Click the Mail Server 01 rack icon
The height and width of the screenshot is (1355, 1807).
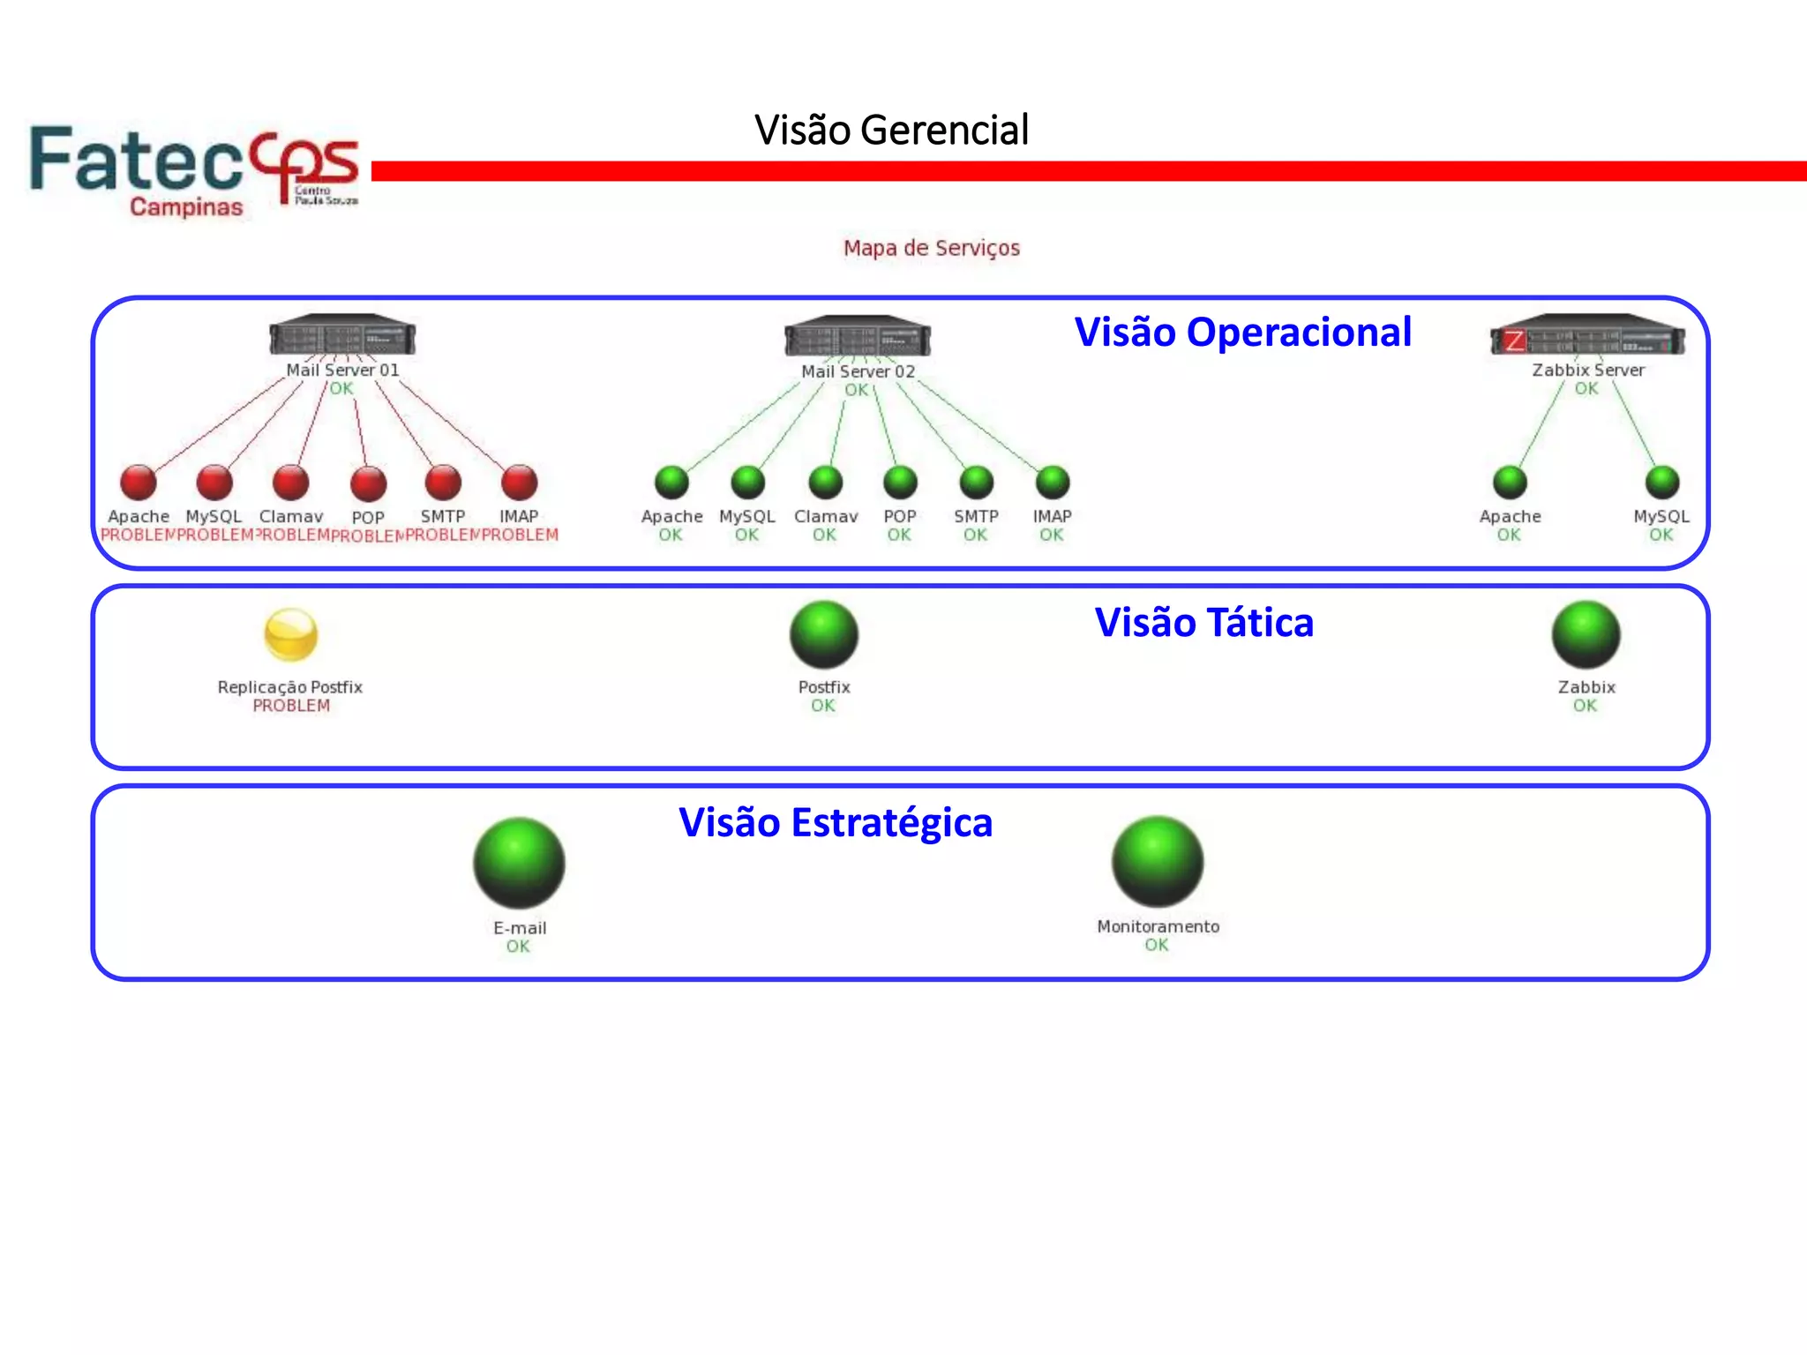tap(342, 337)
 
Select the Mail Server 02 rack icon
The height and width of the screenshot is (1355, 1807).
tap(858, 338)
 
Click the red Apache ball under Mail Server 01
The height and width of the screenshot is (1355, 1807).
tap(139, 483)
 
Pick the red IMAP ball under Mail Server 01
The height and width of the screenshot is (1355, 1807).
tap(519, 483)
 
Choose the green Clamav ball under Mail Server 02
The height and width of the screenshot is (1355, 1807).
tap(825, 483)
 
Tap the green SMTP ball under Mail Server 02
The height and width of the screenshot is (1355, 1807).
tap(976, 483)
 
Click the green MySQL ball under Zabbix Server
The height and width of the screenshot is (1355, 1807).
tap(1662, 483)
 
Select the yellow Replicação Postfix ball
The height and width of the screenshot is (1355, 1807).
tap(290, 634)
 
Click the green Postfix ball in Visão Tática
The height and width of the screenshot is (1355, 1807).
tap(823, 634)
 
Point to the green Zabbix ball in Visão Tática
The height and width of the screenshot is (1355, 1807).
tap(1586, 634)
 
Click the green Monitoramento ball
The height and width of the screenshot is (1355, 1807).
tap(1157, 862)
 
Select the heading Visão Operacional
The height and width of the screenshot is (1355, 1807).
tap(1242, 333)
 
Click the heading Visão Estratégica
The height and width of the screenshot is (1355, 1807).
tap(835, 822)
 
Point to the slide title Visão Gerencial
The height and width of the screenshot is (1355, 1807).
tap(891, 130)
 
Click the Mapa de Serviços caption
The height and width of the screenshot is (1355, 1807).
tap(931, 248)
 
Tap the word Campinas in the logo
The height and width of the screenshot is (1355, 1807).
tap(186, 207)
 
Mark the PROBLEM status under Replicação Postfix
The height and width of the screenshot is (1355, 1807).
tap(291, 706)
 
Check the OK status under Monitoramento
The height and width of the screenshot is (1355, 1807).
tap(1156, 945)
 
